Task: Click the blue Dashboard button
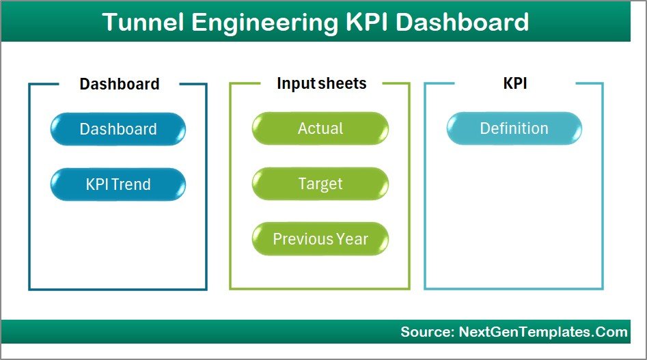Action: (118, 129)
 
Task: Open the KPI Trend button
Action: (118, 184)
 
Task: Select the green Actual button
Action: (320, 128)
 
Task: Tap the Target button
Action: (320, 184)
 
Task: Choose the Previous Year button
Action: (320, 239)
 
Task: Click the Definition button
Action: (514, 128)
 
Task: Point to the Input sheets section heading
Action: (321, 83)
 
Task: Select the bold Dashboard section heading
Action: (120, 84)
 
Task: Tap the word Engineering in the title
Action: (262, 22)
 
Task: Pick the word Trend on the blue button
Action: (132, 184)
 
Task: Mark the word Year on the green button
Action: (353, 239)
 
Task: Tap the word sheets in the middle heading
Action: (342, 83)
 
